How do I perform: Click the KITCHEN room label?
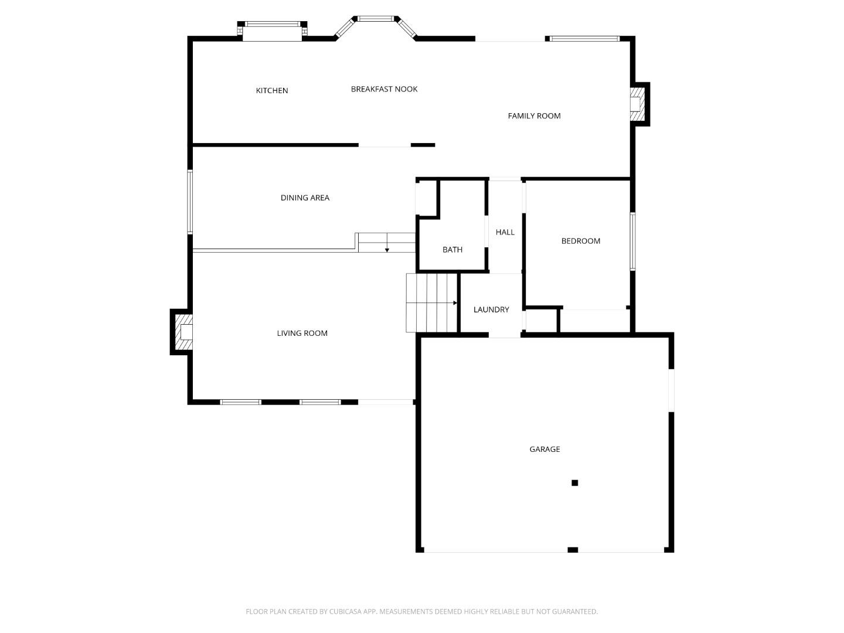pyautogui.click(x=271, y=90)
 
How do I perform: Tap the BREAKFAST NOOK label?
pyautogui.click(x=384, y=89)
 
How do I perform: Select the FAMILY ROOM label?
pyautogui.click(x=534, y=115)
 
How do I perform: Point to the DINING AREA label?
pyautogui.click(x=305, y=198)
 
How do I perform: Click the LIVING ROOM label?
pyautogui.click(x=302, y=333)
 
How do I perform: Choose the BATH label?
pyautogui.click(x=452, y=250)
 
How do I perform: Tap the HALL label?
pyautogui.click(x=505, y=232)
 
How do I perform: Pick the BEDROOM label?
pyautogui.click(x=580, y=241)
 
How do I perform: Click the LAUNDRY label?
pyautogui.click(x=491, y=309)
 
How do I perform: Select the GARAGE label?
pyautogui.click(x=544, y=449)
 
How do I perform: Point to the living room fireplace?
pyautogui.click(x=184, y=332)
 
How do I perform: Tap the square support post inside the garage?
pyautogui.click(x=574, y=483)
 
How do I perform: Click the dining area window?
pyautogui.click(x=189, y=202)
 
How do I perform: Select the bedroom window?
pyautogui.click(x=632, y=241)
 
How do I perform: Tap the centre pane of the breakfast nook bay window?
pyautogui.click(x=376, y=18)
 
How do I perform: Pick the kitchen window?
pyautogui.click(x=272, y=24)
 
